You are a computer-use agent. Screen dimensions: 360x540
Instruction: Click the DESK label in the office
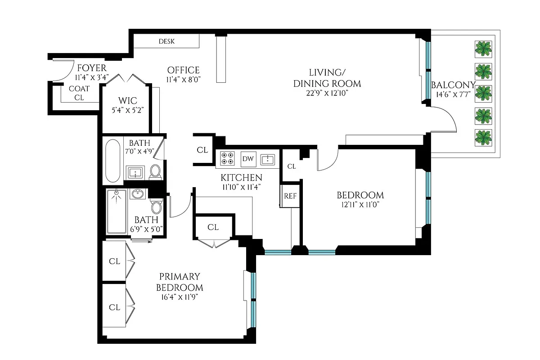pos(166,42)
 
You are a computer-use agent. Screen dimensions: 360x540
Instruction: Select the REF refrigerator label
pos(290,196)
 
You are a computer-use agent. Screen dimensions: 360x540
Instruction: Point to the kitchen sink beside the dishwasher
pos(268,159)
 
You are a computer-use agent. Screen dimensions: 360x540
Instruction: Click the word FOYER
pos(91,68)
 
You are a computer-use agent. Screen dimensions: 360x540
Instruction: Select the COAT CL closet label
pos(79,93)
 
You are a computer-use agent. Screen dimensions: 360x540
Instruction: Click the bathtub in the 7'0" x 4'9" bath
pos(112,160)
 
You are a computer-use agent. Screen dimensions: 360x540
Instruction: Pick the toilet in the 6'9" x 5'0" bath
pos(156,207)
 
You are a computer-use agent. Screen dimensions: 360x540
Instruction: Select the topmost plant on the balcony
pos(483,49)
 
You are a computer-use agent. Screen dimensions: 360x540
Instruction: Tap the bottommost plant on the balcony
pos(483,137)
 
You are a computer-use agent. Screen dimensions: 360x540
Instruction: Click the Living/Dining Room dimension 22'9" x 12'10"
pos(327,93)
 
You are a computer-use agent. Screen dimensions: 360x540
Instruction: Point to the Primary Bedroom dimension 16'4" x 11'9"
pos(180,297)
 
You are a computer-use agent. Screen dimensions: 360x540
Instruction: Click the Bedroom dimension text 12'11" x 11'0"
pos(360,204)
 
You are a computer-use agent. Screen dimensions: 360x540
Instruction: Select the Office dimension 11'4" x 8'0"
pos(183,79)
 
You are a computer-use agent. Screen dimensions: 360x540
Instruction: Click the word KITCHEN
pos(241,177)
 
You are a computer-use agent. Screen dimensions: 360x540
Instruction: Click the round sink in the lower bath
pos(137,194)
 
